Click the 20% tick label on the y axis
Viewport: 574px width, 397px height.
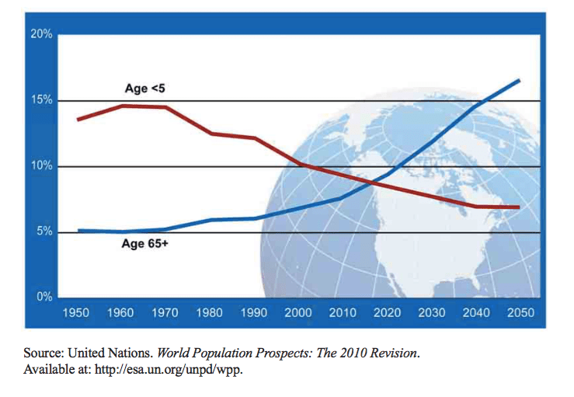pyautogui.click(x=41, y=34)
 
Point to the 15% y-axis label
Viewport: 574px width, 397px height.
pyautogui.click(x=41, y=100)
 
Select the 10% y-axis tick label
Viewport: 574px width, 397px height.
pyautogui.click(x=41, y=166)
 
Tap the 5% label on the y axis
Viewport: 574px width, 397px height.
pyautogui.click(x=43, y=232)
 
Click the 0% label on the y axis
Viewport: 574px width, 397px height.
pyautogui.click(x=43, y=298)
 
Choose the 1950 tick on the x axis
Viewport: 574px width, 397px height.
pyautogui.click(x=77, y=313)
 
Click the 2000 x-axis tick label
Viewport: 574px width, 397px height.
pyautogui.click(x=298, y=313)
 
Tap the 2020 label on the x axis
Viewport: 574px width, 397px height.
pyautogui.click(x=387, y=313)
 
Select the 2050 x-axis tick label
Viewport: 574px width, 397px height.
pyautogui.click(x=519, y=313)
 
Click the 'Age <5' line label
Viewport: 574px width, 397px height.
pyautogui.click(x=144, y=89)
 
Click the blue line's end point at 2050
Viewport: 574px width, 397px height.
pyautogui.click(x=519, y=80)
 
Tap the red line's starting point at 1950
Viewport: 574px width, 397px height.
pyautogui.click(x=77, y=119)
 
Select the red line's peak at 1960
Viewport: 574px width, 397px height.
pyautogui.click(x=122, y=106)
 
